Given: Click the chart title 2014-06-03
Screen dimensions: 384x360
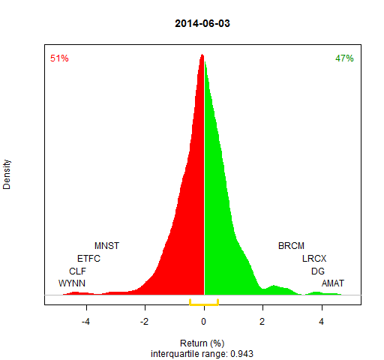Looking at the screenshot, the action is click(x=202, y=23).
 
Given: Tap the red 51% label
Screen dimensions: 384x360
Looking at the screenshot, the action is click(x=59, y=58).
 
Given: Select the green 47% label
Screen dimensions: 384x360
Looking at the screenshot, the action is click(x=344, y=58).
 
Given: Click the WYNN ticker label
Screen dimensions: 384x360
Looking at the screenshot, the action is click(x=72, y=283).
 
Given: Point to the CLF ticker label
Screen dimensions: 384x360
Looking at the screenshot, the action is click(x=77, y=271).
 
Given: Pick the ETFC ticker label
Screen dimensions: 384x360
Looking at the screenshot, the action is click(x=88, y=258).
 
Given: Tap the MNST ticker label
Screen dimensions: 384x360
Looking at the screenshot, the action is click(x=107, y=246).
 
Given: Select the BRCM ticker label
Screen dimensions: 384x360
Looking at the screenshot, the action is click(x=291, y=246).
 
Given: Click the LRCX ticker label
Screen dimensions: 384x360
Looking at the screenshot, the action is click(x=314, y=258).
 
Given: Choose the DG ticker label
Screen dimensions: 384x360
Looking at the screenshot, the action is click(x=318, y=271).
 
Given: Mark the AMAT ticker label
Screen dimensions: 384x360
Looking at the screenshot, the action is click(x=333, y=283).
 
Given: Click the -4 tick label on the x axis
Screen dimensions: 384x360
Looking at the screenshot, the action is click(x=85, y=321).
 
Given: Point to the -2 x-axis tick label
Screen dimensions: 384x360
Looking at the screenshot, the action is click(x=144, y=321).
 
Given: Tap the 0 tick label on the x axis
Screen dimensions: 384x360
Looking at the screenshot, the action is click(x=203, y=321).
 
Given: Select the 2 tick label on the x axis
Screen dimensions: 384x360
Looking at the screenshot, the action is click(x=262, y=321).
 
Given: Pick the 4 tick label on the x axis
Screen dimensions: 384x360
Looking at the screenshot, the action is click(x=321, y=321).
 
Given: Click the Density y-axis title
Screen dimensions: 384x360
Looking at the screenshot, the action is click(x=7, y=175).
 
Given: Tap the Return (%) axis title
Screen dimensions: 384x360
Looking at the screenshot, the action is click(x=202, y=343).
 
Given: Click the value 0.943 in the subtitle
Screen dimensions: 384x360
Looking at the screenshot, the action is click(x=241, y=354).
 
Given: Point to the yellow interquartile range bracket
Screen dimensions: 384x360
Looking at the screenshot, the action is click(x=204, y=304).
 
